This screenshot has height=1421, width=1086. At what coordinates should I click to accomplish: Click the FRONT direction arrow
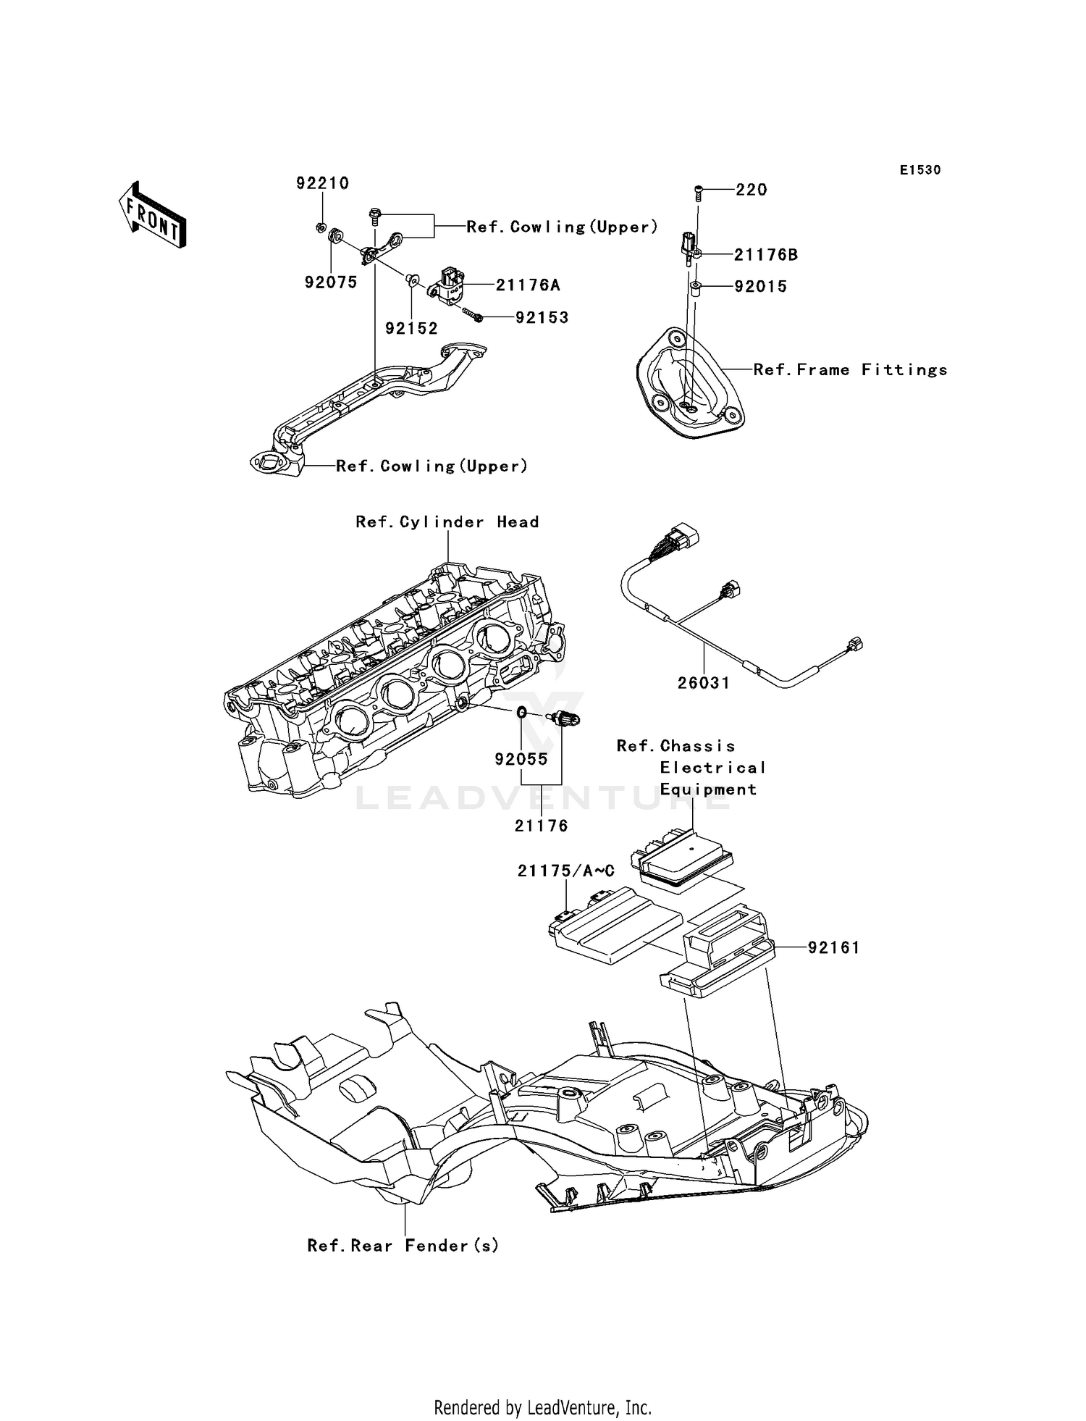click(153, 215)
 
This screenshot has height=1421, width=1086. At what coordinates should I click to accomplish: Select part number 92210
click(322, 183)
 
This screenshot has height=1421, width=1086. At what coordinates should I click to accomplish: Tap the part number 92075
click(331, 282)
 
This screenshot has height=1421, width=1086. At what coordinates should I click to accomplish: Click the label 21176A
click(528, 285)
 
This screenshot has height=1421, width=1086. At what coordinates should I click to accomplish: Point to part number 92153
click(542, 318)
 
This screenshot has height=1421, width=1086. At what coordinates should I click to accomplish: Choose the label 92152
click(411, 329)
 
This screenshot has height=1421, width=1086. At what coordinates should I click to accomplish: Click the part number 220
click(751, 190)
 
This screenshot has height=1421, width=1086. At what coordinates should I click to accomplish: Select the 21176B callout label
click(765, 255)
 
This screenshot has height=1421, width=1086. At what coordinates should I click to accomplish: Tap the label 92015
click(760, 287)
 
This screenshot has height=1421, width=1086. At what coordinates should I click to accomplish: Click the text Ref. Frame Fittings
click(850, 370)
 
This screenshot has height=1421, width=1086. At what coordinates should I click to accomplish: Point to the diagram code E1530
click(920, 170)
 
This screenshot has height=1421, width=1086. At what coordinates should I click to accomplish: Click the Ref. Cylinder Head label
click(447, 522)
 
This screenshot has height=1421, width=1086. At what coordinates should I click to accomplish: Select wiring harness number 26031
click(704, 683)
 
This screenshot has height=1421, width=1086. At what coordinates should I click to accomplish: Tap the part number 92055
click(521, 760)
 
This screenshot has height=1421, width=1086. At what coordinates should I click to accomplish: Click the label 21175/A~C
click(565, 871)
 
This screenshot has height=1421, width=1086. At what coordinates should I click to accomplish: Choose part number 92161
click(833, 947)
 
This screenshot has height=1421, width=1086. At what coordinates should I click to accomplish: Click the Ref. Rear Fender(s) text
click(403, 1246)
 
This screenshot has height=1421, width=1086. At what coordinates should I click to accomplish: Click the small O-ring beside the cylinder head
click(521, 713)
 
